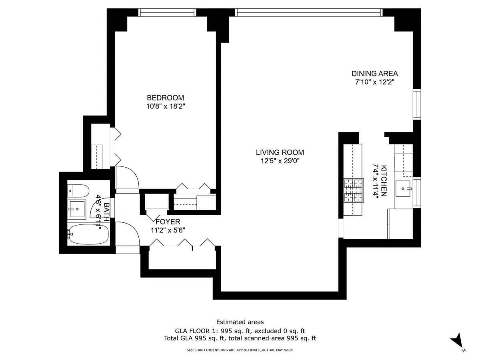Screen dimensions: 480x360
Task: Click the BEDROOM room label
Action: pos(165,98)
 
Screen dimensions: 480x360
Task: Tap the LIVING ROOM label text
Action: pos(280,152)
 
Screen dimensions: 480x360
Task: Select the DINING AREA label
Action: pos(374,74)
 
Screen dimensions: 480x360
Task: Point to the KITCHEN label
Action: pos(384,181)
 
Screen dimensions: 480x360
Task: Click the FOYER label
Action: pos(168,222)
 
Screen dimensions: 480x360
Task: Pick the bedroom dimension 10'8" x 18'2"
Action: pos(166,106)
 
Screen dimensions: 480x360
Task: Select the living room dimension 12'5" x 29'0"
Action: pos(280,161)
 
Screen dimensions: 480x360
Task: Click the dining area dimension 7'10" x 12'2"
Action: pos(374,82)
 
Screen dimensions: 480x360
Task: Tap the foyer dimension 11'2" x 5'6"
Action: pos(168,230)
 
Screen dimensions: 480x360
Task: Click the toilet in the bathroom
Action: pos(78,191)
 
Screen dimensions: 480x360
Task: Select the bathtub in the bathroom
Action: pos(88,234)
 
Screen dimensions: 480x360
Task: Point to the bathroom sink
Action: pos(76,209)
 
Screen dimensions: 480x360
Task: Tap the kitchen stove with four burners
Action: pos(354,190)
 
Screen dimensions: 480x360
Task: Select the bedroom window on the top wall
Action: pos(167,12)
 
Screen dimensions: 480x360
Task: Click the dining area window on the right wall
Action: pos(417,104)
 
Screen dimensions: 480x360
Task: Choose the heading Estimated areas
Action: pos(240,322)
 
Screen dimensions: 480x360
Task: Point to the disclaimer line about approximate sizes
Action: pos(240,350)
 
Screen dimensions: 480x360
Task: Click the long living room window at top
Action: pos(309,12)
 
